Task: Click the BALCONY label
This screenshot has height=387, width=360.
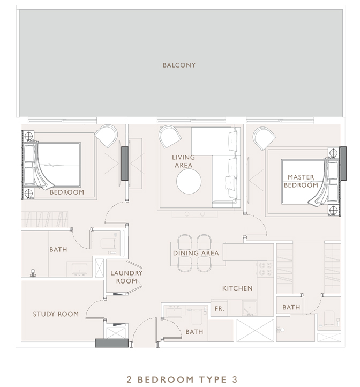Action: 179,65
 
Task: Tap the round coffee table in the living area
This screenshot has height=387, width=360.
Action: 189,181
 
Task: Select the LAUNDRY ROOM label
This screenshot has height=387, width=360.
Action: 126,277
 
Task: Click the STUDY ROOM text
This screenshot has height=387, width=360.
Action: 56,314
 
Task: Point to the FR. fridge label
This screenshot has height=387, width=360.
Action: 219,309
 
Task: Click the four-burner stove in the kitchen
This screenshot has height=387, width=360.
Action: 265,269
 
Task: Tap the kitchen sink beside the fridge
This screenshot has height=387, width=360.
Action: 250,308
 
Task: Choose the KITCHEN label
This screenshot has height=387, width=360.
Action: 237,288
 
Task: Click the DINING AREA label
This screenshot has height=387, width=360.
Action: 196,253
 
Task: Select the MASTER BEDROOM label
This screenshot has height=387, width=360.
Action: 301,181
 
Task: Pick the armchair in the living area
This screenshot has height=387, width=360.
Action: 170,137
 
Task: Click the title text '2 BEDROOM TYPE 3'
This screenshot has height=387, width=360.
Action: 182,379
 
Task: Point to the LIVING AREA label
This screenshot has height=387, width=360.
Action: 183,161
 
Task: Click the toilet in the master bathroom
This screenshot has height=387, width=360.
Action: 329,318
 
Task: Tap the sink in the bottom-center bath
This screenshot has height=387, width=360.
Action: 174,312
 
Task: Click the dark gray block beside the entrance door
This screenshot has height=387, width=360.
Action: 112,343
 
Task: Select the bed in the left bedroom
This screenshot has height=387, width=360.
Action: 52,165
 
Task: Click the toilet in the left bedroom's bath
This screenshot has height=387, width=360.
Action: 108,243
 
